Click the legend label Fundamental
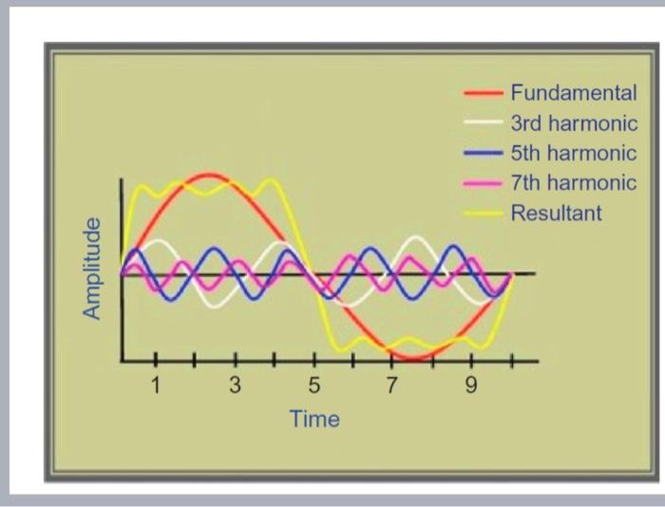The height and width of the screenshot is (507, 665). (x=573, y=93)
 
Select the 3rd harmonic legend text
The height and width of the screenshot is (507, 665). (x=573, y=123)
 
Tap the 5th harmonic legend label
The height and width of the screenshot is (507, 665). (x=573, y=153)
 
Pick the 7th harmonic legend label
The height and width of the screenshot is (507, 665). (x=573, y=182)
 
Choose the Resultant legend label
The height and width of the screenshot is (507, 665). (x=556, y=212)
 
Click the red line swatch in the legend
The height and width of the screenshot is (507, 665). (x=483, y=94)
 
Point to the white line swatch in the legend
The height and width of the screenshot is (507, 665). (x=483, y=123)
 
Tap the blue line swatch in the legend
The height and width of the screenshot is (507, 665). (x=483, y=153)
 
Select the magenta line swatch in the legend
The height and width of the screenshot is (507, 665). (x=483, y=182)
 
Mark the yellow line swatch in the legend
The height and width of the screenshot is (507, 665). (x=483, y=213)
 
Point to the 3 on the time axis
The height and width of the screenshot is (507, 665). (x=236, y=386)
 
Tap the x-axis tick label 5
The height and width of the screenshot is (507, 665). (x=314, y=386)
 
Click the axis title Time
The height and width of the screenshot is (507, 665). (x=314, y=419)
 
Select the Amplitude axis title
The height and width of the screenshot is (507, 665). (x=92, y=269)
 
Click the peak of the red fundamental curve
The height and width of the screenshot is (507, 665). (x=211, y=175)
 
